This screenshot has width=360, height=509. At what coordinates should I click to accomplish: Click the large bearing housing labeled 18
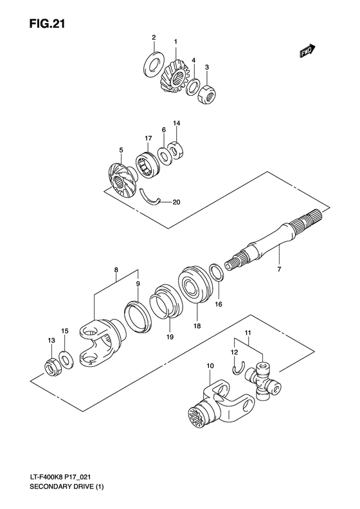tap(193, 284)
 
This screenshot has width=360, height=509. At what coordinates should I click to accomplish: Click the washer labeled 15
tap(66, 358)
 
